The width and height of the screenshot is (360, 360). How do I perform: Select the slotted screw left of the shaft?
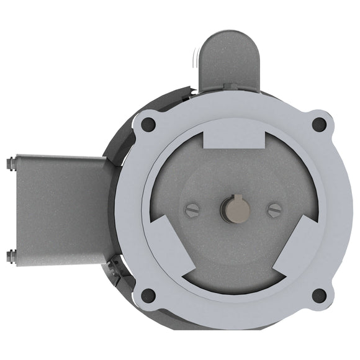(x=192, y=210)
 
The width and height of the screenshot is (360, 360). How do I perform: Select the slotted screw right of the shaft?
(x=274, y=210)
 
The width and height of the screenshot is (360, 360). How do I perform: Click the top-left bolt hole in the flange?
(x=148, y=125)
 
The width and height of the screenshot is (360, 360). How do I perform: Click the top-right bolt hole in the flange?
(x=319, y=125)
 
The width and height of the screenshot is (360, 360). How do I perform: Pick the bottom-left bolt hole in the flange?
(x=148, y=295)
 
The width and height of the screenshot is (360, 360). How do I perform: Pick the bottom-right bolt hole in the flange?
(x=319, y=295)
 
